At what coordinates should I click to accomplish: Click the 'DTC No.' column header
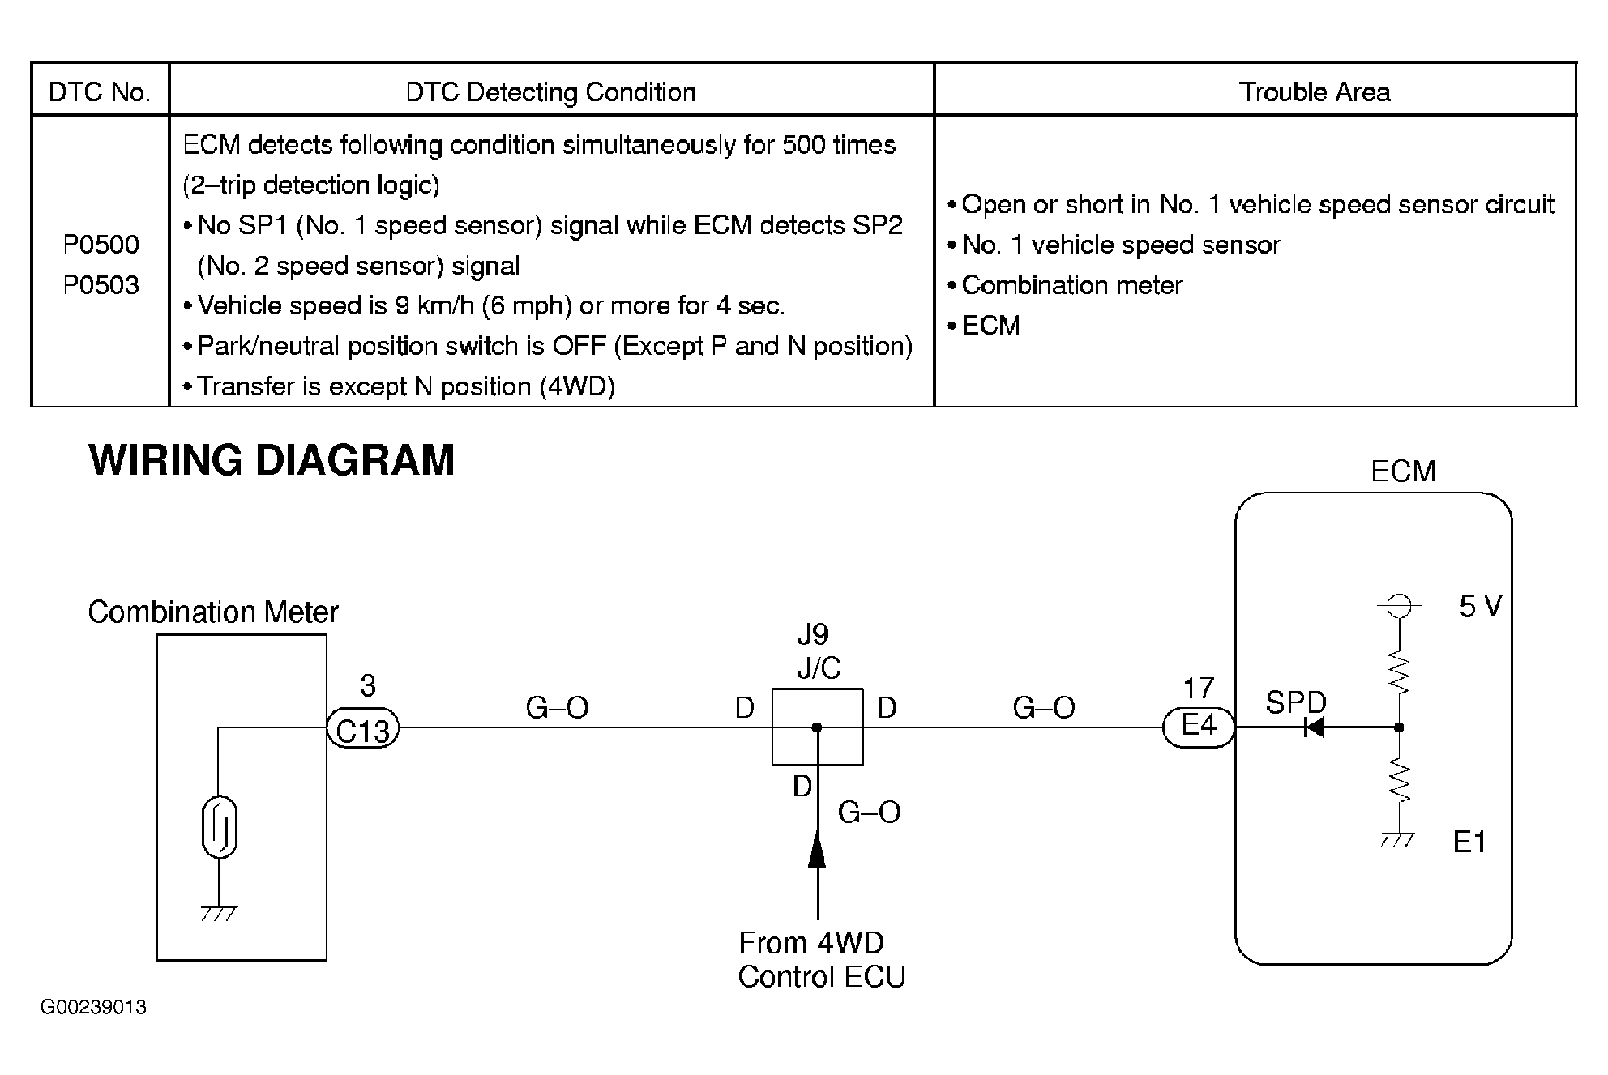pos(100,92)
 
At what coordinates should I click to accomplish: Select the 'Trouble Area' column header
pos(1314,92)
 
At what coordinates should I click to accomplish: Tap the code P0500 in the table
pos(101,244)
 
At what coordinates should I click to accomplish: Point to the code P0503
pos(101,285)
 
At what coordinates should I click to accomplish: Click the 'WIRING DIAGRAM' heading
pos(272,460)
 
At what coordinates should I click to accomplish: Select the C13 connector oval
pos(363,729)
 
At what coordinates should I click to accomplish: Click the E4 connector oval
pos(1199,727)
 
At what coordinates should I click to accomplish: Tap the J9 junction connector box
pos(817,727)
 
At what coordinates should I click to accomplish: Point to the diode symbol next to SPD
pos(1313,727)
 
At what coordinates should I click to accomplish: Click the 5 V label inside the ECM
pos(1480,606)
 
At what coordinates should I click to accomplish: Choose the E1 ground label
pos(1469,843)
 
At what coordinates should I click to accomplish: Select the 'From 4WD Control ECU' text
pos(819,960)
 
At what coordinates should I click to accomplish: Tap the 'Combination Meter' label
pos(213,612)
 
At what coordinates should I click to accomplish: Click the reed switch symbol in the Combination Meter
pos(219,827)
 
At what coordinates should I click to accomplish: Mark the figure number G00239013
pos(94,1007)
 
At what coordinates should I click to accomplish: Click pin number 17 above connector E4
pos(1199,689)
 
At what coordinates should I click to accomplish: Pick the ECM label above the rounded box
pos(1403,471)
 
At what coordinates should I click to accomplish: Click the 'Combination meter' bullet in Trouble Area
pos(1071,285)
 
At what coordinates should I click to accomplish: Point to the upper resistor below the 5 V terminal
pos(1399,674)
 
